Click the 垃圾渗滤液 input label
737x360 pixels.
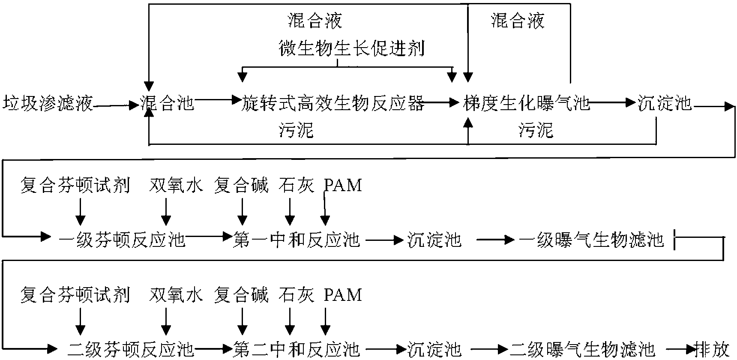coord(48,104)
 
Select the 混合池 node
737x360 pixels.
coord(168,104)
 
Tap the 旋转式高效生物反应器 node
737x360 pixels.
coord(333,104)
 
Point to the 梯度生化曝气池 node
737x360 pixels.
coord(527,104)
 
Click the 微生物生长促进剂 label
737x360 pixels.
coord(351,49)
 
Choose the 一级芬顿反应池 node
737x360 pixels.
coord(122,239)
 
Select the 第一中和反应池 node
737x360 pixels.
coord(296,239)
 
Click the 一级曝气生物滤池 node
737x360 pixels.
coord(592,239)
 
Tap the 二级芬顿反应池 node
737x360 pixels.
coord(131,349)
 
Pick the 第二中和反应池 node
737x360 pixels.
coord(296,349)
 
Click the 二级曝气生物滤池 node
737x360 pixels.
coord(583,349)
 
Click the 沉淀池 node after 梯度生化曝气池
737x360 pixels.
coord(665,104)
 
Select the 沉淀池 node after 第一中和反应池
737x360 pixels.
coord(434,239)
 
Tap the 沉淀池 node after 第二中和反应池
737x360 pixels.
coord(434,349)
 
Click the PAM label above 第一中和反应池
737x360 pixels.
coord(343,185)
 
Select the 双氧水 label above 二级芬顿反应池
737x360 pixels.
coord(176,295)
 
